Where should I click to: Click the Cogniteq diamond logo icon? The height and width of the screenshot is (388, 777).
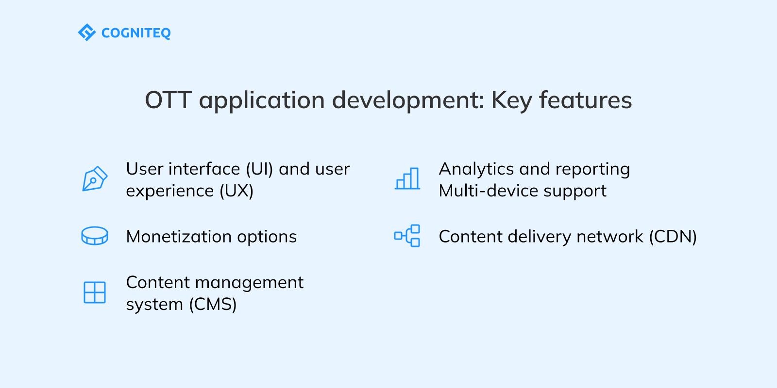coord(86,32)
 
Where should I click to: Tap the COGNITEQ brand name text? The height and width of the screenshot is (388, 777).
coord(136,33)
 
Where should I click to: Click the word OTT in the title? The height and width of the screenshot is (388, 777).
coord(168,100)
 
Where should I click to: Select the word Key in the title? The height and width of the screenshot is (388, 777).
coord(511,100)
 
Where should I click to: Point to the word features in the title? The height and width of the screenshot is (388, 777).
coord(585,100)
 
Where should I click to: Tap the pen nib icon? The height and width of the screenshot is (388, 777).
coord(94,179)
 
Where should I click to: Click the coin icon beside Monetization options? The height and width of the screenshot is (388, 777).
coord(95,236)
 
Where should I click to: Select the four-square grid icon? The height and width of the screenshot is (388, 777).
coord(95,292)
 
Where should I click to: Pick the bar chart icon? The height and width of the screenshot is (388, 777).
coord(407,178)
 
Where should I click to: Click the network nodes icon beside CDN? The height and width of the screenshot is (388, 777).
coord(407,236)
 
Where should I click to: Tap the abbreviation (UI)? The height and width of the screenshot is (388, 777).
coord(259,169)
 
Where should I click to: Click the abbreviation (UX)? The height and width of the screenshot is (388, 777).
coord(236,191)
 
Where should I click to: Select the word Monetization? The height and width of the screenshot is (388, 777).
coord(179,237)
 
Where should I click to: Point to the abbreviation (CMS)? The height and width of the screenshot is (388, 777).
coord(213,304)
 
